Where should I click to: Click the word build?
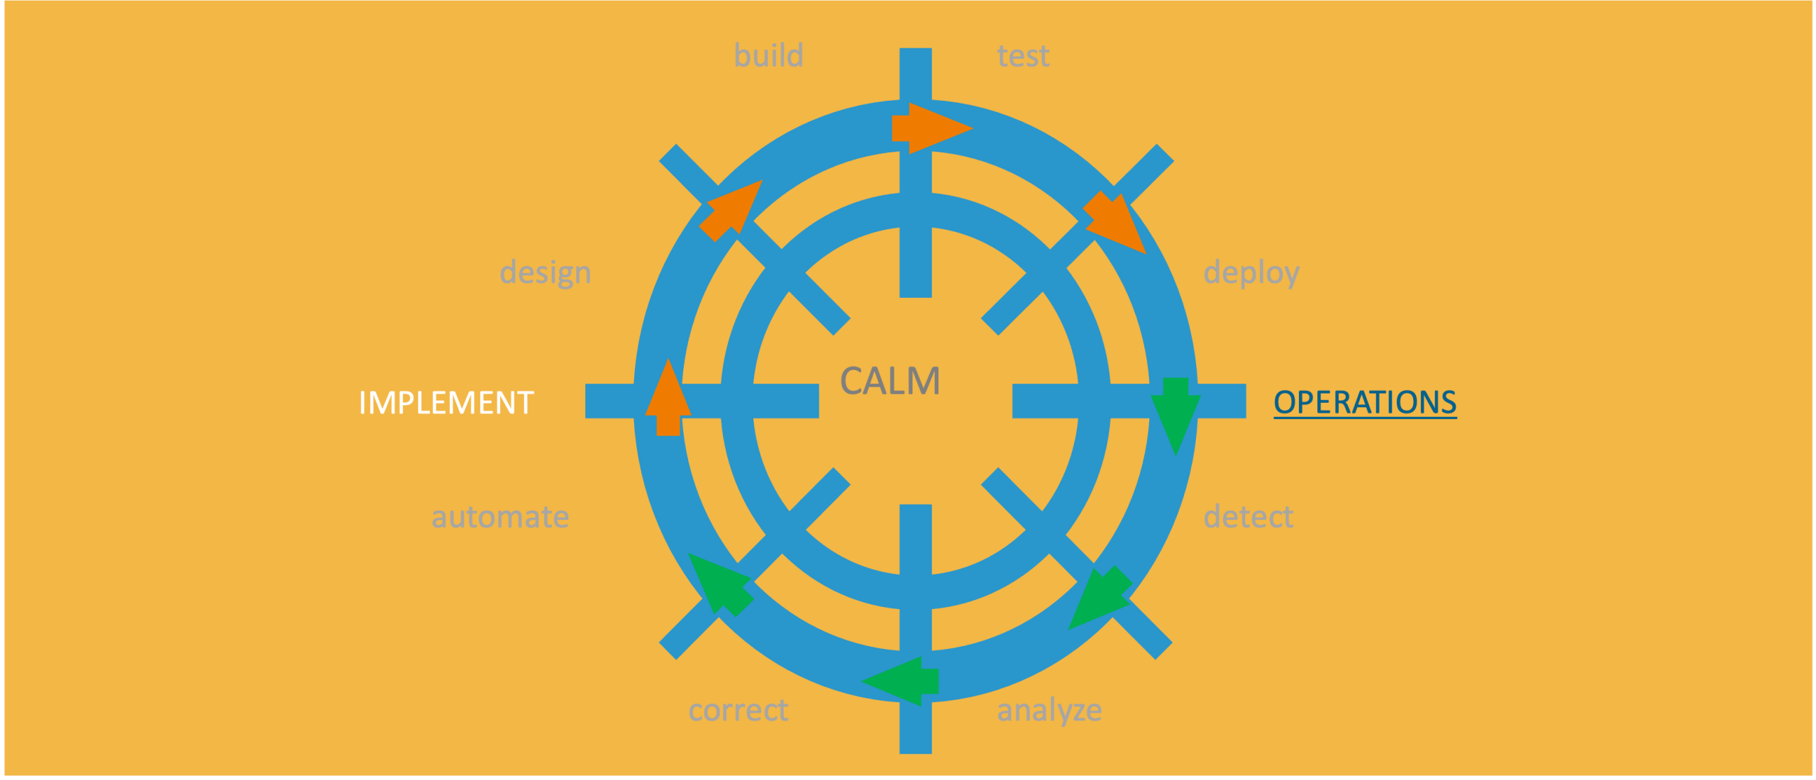[769, 55]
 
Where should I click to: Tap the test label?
[1023, 56]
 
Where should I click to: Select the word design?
[546, 272]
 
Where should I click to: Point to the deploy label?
[1251, 272]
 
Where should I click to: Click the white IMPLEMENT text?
[446, 403]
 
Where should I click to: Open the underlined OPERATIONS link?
[1365, 402]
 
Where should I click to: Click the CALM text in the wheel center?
[890, 381]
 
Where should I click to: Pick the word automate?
[500, 517]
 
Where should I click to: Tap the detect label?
[1248, 516]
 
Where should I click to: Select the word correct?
[738, 710]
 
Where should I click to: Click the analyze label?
[1049, 711]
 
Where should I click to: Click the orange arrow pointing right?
[932, 128]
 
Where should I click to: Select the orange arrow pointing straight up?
[668, 397]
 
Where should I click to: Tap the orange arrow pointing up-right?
[731, 211]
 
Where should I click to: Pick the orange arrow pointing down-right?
[1114, 222]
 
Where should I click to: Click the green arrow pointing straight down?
[1175, 416]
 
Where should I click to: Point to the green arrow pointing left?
[900, 681]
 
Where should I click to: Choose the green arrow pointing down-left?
[1100, 598]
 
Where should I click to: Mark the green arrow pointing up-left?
[721, 585]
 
